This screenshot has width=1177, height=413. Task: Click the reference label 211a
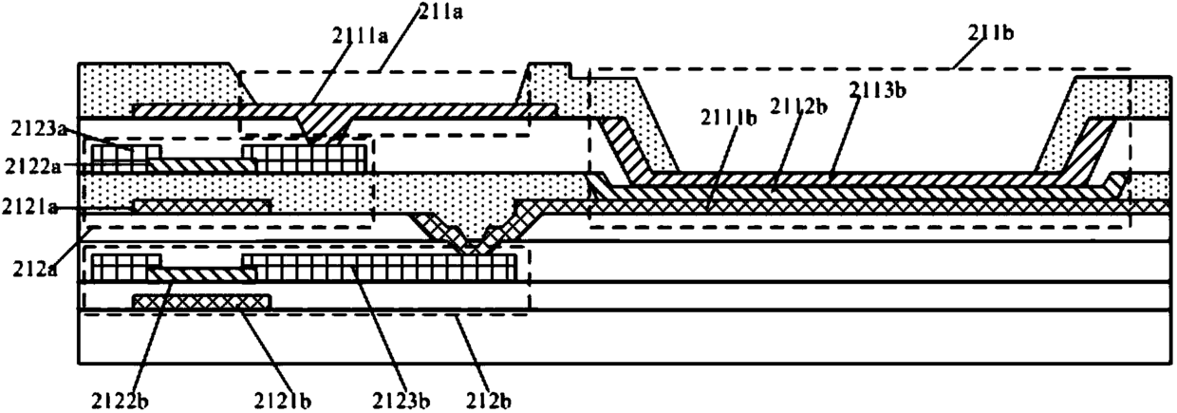[x=440, y=11]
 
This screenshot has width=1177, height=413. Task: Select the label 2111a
[x=360, y=35]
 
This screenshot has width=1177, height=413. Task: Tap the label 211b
[x=990, y=33]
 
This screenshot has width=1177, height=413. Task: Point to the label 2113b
[x=877, y=90]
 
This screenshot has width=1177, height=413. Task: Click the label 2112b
[x=798, y=106]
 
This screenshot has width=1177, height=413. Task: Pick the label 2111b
[x=728, y=119]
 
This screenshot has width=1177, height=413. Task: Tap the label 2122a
[x=33, y=166]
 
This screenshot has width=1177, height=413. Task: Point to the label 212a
[x=36, y=270]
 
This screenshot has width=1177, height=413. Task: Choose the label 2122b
[x=120, y=401]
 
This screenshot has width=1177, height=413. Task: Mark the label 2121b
[x=283, y=401]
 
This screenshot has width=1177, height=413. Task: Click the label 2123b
[x=402, y=401]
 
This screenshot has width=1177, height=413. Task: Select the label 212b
[x=489, y=401]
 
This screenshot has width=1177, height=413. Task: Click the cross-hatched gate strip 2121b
[x=202, y=302]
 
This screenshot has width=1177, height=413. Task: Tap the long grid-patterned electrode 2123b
[x=380, y=268]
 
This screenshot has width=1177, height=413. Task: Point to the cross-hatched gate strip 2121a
[x=202, y=207]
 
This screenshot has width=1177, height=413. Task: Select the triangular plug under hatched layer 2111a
[x=322, y=126]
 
